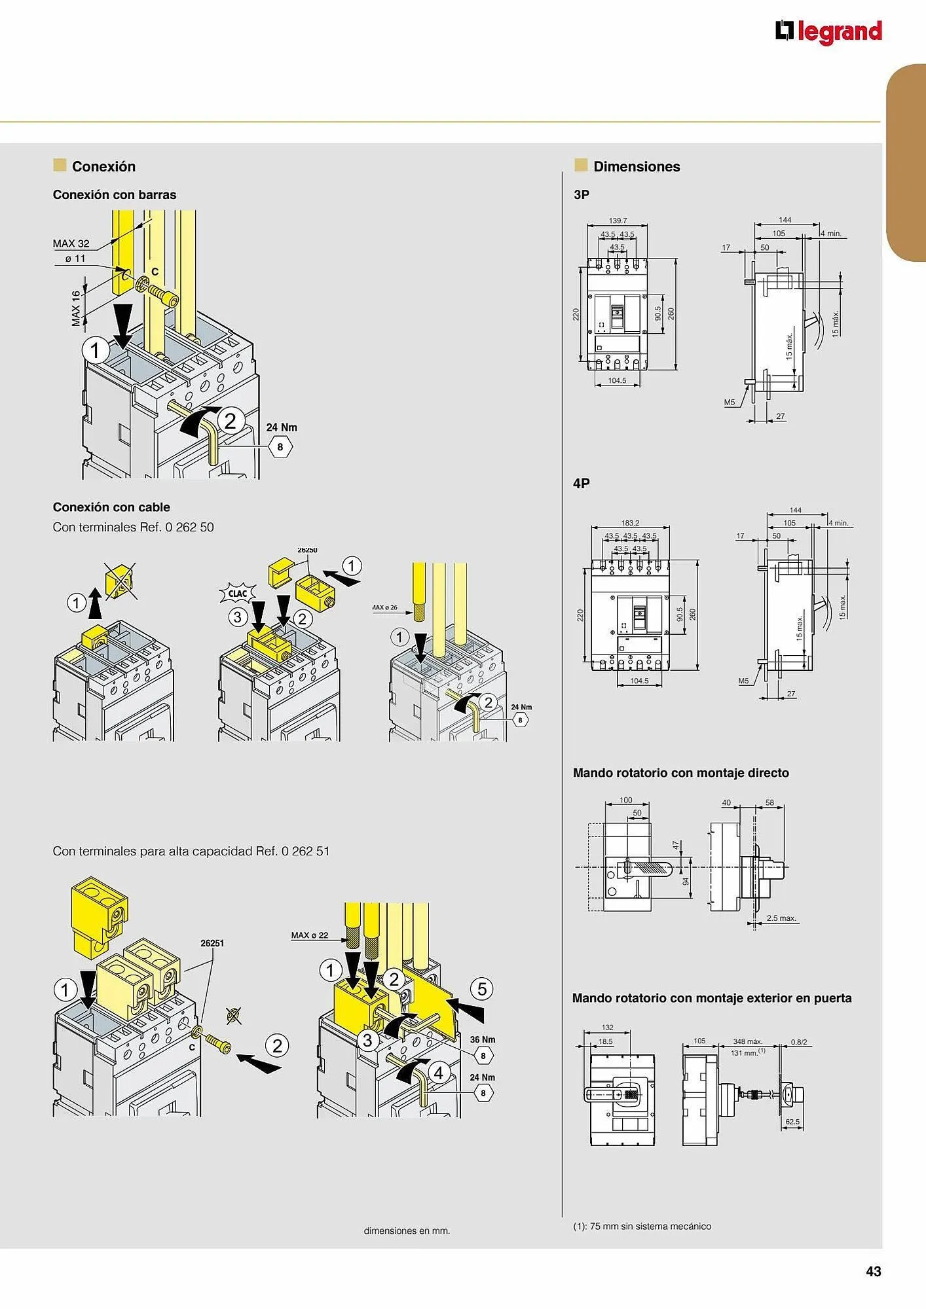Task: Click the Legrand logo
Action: pyautogui.click(x=828, y=31)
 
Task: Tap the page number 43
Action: pyautogui.click(x=874, y=1271)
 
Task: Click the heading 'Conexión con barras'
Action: pyautogui.click(x=115, y=194)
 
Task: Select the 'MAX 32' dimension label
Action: pyautogui.click(x=71, y=243)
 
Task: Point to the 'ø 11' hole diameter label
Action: pyautogui.click(x=75, y=259)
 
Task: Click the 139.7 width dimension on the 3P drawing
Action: pyautogui.click(x=618, y=221)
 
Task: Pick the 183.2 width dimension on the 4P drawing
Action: pyautogui.click(x=630, y=523)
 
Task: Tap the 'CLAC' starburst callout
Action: pyautogui.click(x=237, y=594)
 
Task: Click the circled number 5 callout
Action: pyautogui.click(x=482, y=988)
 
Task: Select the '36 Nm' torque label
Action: pyautogui.click(x=483, y=1039)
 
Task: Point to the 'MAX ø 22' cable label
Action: pyautogui.click(x=310, y=935)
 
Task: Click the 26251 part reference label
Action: pyautogui.click(x=212, y=943)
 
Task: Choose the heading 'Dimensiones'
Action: pyautogui.click(x=637, y=166)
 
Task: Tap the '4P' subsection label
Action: pyautogui.click(x=581, y=484)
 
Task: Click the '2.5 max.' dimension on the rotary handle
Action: pyautogui.click(x=781, y=918)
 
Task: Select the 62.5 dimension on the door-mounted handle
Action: pyautogui.click(x=792, y=1122)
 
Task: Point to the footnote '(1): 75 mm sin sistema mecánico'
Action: pyautogui.click(x=642, y=1226)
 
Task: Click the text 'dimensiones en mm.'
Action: pyautogui.click(x=407, y=1230)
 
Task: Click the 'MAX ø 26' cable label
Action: pyautogui.click(x=385, y=607)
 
